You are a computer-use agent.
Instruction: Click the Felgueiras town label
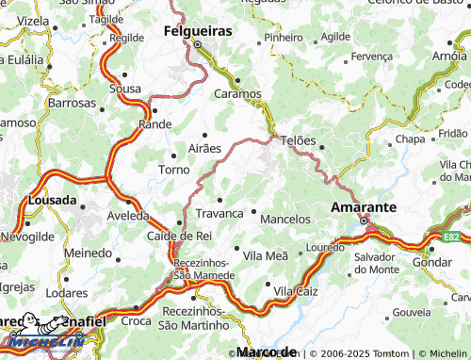click(198, 31)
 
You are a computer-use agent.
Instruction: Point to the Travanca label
click(219, 214)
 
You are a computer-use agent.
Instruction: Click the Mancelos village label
click(284, 219)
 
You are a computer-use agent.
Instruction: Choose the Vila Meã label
click(266, 255)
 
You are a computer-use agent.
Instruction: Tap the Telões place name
click(294, 139)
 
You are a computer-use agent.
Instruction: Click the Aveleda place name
click(127, 215)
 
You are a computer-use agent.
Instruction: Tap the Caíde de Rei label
click(179, 236)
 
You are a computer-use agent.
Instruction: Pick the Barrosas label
click(72, 102)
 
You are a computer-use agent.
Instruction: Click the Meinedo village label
click(87, 254)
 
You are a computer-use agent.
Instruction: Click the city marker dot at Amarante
click(365, 221)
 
